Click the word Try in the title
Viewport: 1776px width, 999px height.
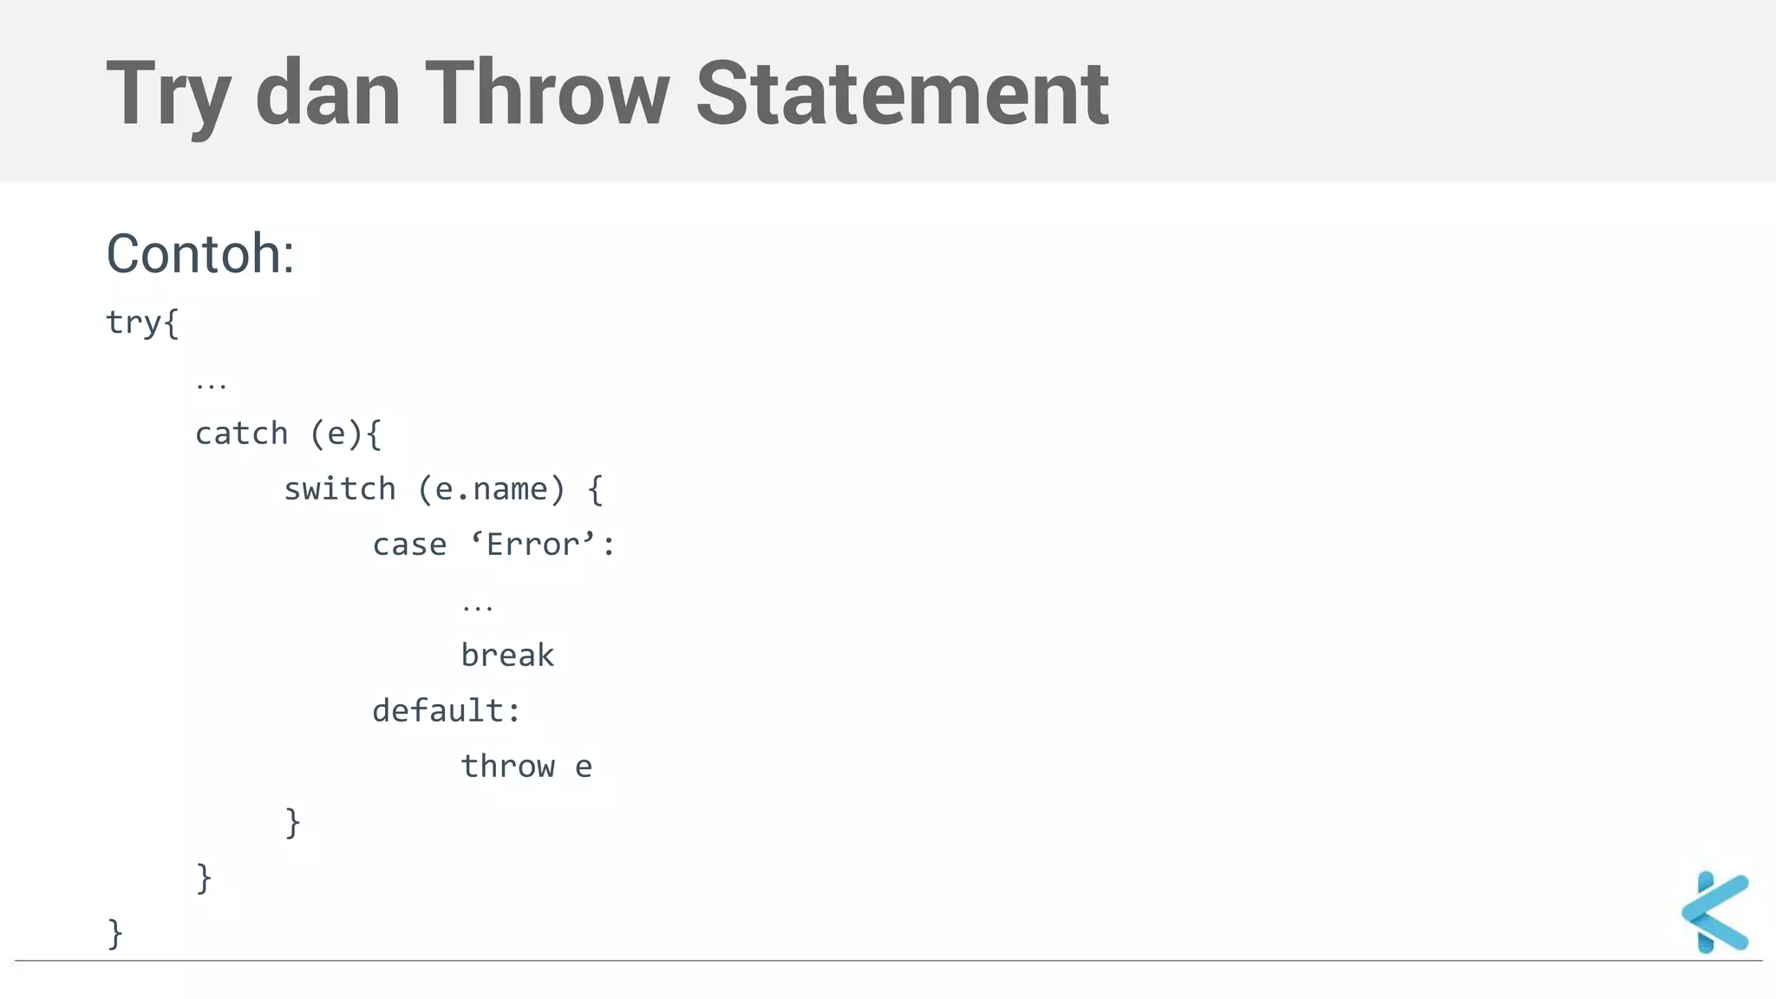pos(167,94)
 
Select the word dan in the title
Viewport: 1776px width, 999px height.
pos(328,94)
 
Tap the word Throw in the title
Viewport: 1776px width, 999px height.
pos(547,94)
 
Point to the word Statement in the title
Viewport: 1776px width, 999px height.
pos(902,94)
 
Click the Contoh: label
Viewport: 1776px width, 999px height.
pos(200,254)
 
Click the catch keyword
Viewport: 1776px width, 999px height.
pos(241,434)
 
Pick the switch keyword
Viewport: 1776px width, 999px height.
pos(340,489)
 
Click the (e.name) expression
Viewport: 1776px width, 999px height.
pos(492,489)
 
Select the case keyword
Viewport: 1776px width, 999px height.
pos(409,545)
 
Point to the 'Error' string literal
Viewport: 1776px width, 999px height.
pos(533,545)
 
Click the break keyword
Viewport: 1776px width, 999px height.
pos(507,656)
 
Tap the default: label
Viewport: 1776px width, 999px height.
pos(447,711)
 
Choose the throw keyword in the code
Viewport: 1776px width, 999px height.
pos(507,767)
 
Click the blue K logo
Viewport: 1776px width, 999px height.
pos(1715,912)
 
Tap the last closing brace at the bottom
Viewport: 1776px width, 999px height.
pos(115,934)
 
